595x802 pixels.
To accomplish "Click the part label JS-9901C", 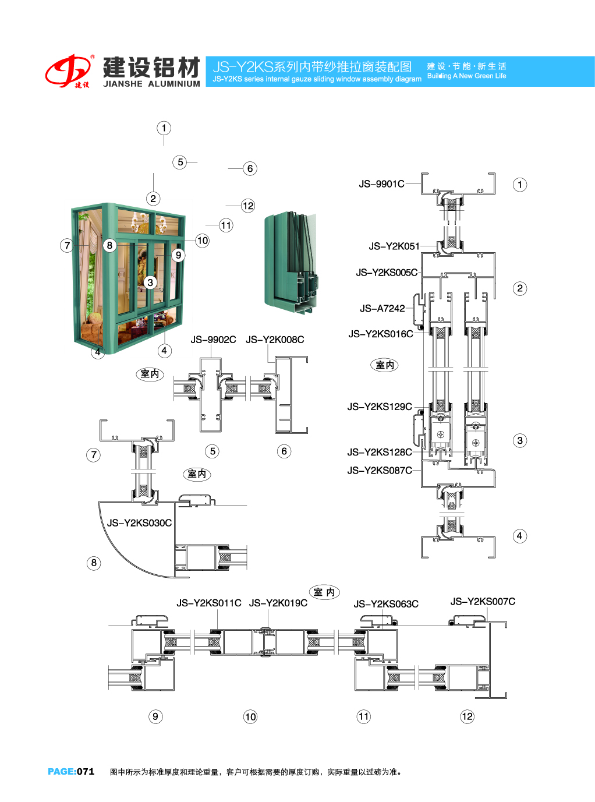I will coord(381,184).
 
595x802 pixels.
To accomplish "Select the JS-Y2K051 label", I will coord(394,246).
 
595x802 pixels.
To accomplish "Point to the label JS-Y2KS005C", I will coord(387,273).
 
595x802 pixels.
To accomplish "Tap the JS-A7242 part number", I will coord(382,309).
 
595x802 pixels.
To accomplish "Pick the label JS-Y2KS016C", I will coord(381,334).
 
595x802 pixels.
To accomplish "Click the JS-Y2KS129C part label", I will coord(380,407).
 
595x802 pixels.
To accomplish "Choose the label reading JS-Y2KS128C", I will coord(380,453).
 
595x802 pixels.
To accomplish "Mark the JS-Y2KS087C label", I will coord(380,471).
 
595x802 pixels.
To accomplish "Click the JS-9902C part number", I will coord(213,340).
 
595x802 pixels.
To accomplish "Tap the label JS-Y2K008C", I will coord(275,340).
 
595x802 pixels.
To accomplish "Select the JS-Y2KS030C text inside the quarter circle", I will coord(139,523).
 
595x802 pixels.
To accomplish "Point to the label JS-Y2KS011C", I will coord(209,603).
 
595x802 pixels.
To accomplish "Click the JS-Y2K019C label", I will coord(278,603).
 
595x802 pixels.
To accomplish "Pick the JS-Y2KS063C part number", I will coord(386,605).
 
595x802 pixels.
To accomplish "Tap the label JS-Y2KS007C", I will coord(483,602).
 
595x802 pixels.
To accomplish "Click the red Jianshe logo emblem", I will coord(69,71).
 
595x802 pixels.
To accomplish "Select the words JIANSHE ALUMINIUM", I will coord(151,84).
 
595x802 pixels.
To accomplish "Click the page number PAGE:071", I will coord(71,772).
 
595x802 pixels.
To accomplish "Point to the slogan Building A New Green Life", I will coord(466,76).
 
